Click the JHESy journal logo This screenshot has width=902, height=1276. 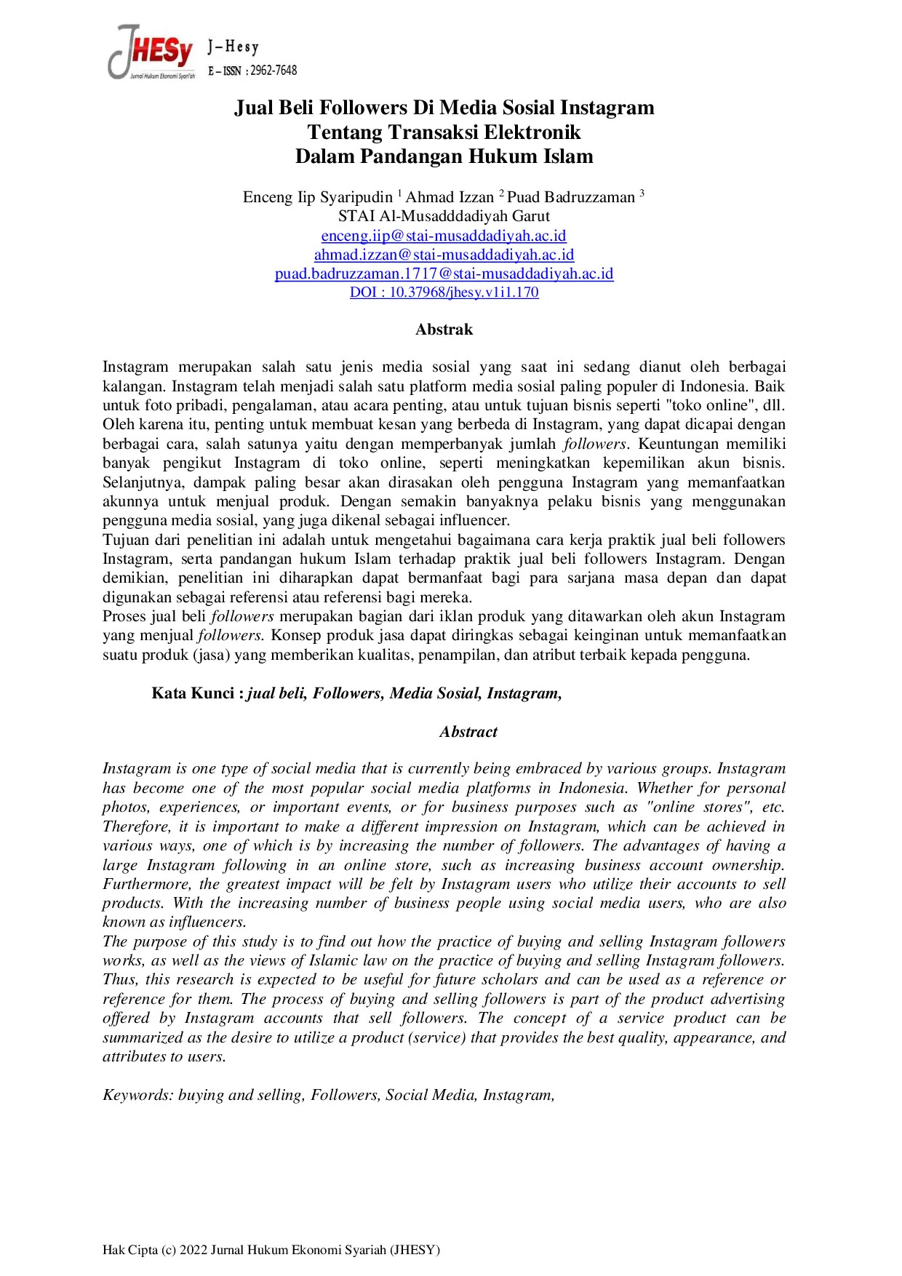(x=151, y=52)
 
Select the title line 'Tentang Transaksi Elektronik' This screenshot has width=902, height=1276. (x=444, y=132)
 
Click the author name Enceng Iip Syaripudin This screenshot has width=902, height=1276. (x=318, y=197)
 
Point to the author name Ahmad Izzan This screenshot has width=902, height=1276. (x=450, y=197)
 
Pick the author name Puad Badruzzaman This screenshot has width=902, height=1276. (x=571, y=197)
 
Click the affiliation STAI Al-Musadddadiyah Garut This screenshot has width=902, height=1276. (x=444, y=216)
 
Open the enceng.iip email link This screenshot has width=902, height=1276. (x=444, y=236)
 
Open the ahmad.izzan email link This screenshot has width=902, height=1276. (x=444, y=255)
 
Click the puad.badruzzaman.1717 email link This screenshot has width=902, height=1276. (x=444, y=274)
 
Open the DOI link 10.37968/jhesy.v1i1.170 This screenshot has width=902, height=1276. (x=444, y=292)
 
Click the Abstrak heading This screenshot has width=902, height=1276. (x=444, y=330)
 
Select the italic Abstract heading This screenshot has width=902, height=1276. (x=468, y=732)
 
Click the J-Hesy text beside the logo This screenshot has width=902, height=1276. (x=234, y=47)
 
